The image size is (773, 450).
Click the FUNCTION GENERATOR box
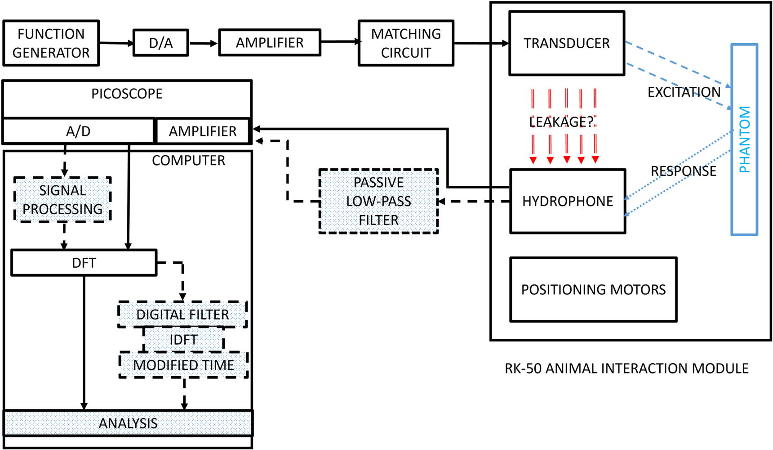pyautogui.click(x=51, y=43)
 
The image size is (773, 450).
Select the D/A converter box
pyautogui.click(x=160, y=43)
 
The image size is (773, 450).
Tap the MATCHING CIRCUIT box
pyautogui.click(x=406, y=43)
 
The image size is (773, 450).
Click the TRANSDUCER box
pyautogui.click(x=566, y=43)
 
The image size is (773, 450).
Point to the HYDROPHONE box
pyautogui.click(x=567, y=201)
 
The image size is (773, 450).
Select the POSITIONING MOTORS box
pyautogui.click(x=593, y=289)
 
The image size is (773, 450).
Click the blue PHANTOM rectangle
pyautogui.click(x=744, y=139)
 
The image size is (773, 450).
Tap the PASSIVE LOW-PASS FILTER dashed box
pyautogui.click(x=378, y=201)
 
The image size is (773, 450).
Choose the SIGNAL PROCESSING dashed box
pyautogui.click(x=62, y=199)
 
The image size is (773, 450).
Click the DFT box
pyautogui.click(x=84, y=263)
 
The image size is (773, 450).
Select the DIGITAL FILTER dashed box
pyautogui.click(x=182, y=314)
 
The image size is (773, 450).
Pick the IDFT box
pyautogui.click(x=183, y=339)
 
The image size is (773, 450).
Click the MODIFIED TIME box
pyautogui.click(x=183, y=365)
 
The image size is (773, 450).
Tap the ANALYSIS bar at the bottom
pyautogui.click(x=128, y=423)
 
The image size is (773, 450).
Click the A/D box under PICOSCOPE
pyautogui.click(x=78, y=131)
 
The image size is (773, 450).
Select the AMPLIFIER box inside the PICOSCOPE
pyautogui.click(x=202, y=131)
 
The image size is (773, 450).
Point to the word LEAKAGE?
pyautogui.click(x=561, y=122)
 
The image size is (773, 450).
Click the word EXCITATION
pyautogui.click(x=684, y=92)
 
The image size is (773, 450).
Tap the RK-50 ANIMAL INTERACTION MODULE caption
pyautogui.click(x=626, y=369)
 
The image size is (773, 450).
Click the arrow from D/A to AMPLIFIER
pyautogui.click(x=203, y=44)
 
